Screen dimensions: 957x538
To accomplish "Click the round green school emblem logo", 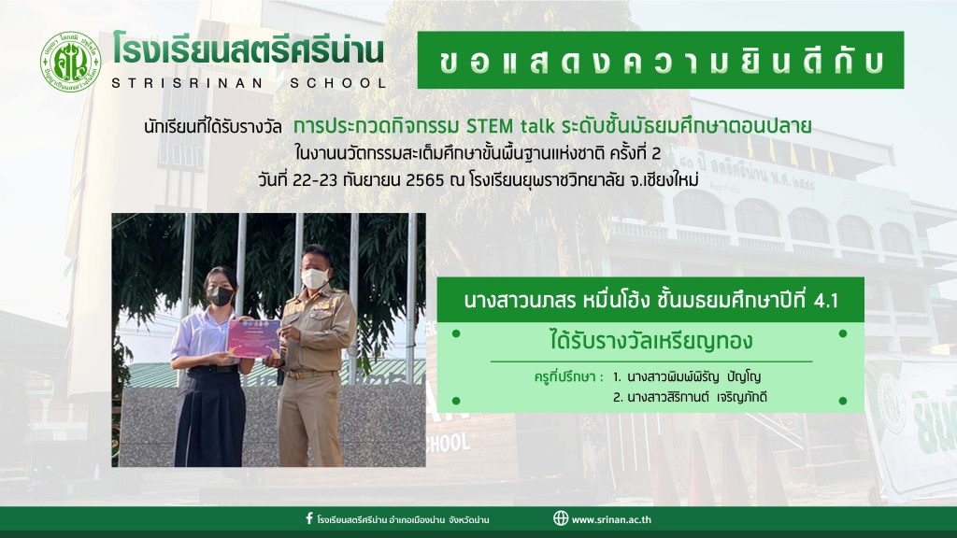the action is click(x=70, y=63).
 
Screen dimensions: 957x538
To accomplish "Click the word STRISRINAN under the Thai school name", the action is click(x=187, y=83).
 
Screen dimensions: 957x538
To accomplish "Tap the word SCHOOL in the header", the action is click(x=338, y=83).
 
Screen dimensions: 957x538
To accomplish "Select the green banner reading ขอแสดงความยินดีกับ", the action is click(x=661, y=61).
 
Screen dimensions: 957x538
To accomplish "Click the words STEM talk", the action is click(x=510, y=126).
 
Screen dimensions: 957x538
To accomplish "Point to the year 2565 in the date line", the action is click(x=425, y=181).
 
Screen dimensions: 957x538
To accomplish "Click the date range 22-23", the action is click(x=316, y=181).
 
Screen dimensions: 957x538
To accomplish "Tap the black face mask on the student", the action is click(x=221, y=296).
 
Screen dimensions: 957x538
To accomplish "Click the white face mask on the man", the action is click(x=315, y=278).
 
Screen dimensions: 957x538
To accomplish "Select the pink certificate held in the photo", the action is click(x=254, y=338).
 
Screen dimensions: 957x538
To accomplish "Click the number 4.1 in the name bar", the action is click(x=826, y=300).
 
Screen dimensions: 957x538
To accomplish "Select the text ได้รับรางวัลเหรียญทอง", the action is click(x=651, y=341).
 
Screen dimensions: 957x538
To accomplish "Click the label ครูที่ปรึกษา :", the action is click(x=568, y=377).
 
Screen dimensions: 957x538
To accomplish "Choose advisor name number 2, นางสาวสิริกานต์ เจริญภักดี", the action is click(x=690, y=398).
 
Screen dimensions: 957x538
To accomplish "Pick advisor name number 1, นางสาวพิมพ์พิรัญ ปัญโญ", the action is click(x=687, y=377).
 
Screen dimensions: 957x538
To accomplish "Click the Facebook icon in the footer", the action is click(x=309, y=519).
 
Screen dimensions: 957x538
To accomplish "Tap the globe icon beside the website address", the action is click(x=561, y=518).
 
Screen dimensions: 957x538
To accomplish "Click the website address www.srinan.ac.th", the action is click(x=611, y=519).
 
